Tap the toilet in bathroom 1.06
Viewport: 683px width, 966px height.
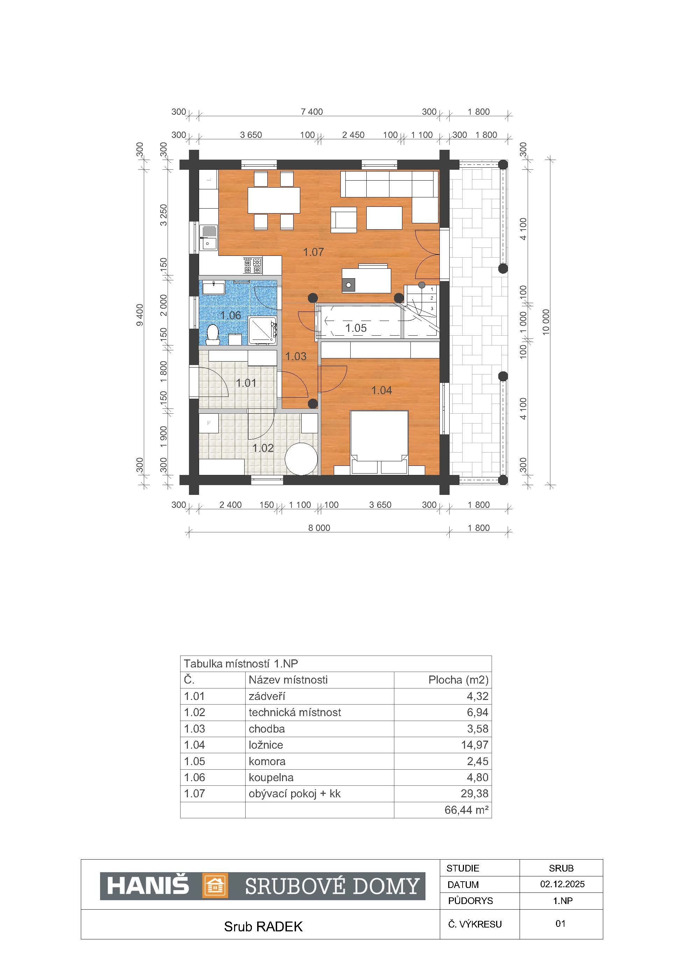[213, 334]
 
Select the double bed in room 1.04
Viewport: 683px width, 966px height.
[380, 442]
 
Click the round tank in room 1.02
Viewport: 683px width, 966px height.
[301, 458]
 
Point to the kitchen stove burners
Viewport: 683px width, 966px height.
[253, 266]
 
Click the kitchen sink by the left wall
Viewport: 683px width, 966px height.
[208, 237]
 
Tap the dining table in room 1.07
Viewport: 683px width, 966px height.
[274, 200]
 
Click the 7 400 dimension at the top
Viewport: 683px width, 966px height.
[312, 112]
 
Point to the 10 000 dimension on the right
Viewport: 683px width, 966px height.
[546, 322]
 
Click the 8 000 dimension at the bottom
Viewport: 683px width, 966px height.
[319, 527]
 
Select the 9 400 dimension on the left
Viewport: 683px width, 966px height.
[140, 315]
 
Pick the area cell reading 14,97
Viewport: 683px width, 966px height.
[474, 745]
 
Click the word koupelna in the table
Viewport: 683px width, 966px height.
[271, 777]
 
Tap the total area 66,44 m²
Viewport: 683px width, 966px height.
[466, 810]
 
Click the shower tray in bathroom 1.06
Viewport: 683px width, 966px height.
[262, 330]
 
